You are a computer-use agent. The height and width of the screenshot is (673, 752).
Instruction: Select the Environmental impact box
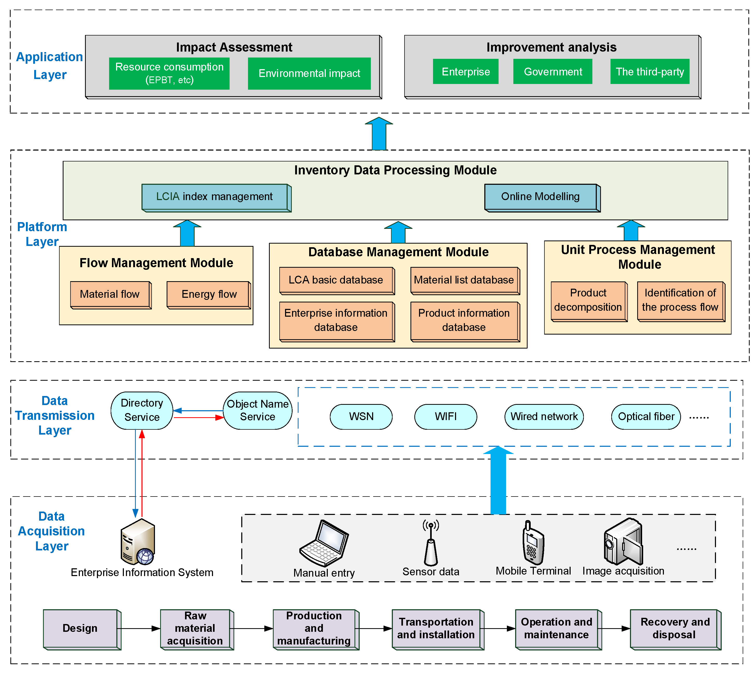(x=309, y=73)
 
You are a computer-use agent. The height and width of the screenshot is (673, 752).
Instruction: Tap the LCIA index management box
(x=215, y=197)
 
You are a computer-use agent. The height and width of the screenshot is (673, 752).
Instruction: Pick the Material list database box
(x=464, y=280)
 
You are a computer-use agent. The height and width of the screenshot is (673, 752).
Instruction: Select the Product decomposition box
(x=588, y=300)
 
